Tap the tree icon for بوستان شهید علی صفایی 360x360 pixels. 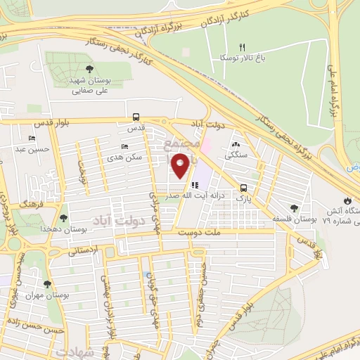click(91, 69)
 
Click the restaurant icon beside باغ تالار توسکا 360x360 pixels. click(242, 47)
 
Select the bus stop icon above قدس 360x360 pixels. click(136, 118)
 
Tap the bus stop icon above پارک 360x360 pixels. click(243, 188)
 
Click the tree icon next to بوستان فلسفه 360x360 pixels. click(294, 209)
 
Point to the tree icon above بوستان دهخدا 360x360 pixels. click(64, 218)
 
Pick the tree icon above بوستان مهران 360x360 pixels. click(47, 284)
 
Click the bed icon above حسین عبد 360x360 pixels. click(32, 138)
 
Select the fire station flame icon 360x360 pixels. click(349, 200)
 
